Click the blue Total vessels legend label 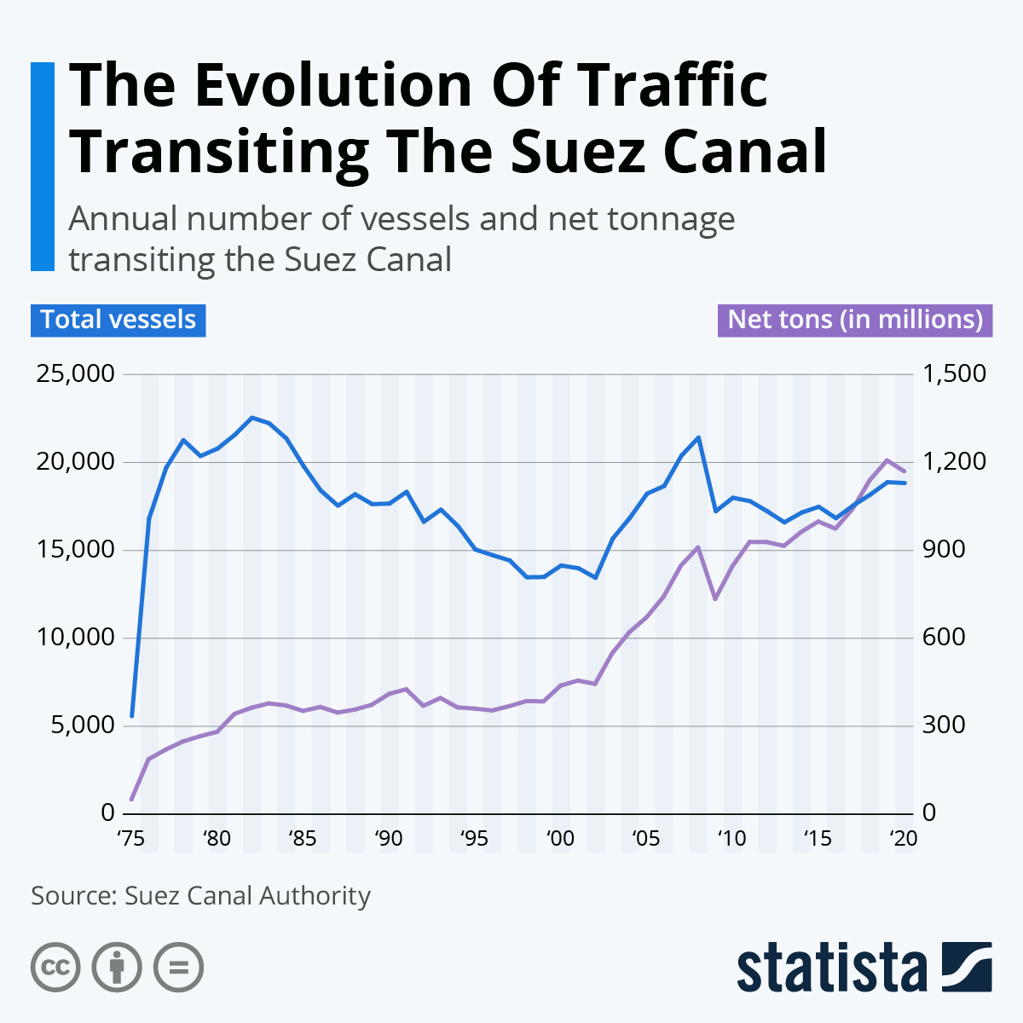(118, 320)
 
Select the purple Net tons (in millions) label (855, 320)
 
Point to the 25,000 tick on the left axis (76, 374)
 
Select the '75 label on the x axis (130, 839)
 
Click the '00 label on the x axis (560, 839)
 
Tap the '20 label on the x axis (903, 839)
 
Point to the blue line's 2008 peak (698, 437)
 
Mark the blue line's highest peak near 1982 (251, 417)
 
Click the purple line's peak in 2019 (887, 460)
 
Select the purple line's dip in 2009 (715, 599)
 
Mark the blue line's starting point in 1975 (131, 716)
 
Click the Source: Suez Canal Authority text (201, 896)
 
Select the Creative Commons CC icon (55, 968)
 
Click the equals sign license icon (178, 968)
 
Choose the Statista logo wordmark (832, 968)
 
